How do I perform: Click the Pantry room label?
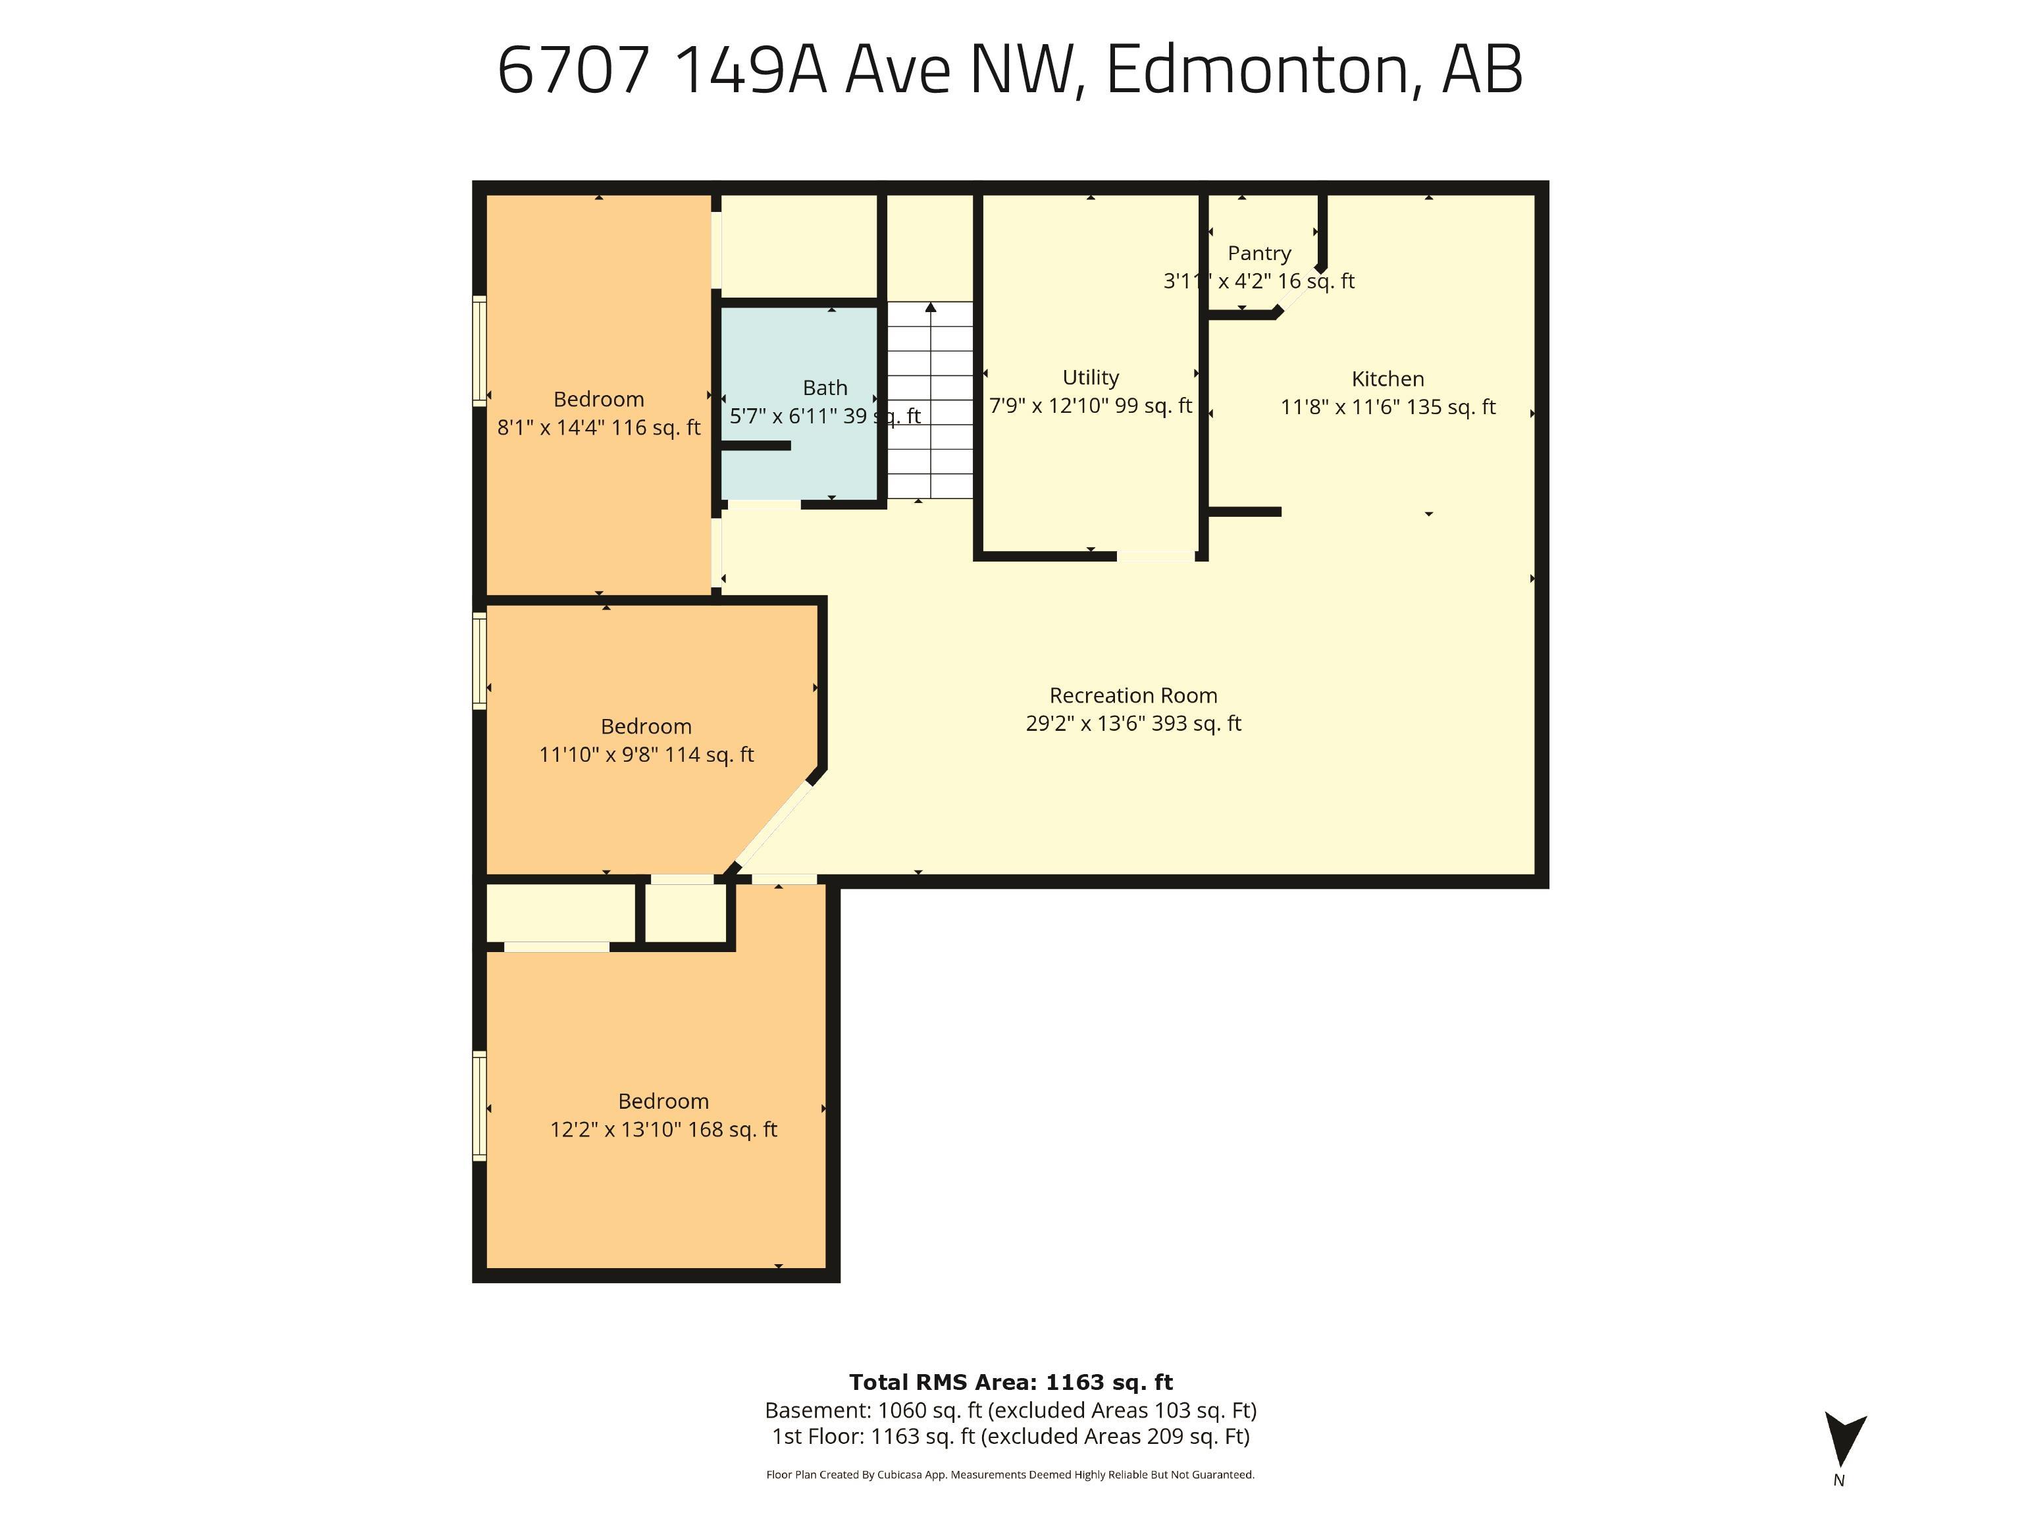coord(1258,253)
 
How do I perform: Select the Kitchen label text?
coord(1387,379)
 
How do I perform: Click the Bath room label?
coord(825,388)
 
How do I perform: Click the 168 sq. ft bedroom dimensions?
coord(663,1129)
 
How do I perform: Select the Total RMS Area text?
coord(1010,1381)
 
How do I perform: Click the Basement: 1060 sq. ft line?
coord(1010,1410)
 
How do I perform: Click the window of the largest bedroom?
coord(479,1106)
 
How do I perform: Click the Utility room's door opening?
coord(1155,555)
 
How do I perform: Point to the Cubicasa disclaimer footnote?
coord(1010,1474)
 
